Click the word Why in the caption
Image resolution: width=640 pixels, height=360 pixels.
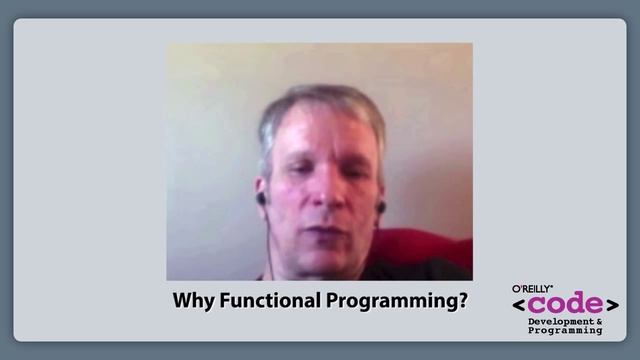(190, 300)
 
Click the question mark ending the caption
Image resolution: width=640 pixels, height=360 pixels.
(464, 300)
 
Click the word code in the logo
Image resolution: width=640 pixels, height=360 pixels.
(566, 305)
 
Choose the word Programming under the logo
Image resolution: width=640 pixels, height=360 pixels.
(566, 331)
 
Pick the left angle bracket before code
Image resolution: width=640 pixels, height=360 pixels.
(520, 305)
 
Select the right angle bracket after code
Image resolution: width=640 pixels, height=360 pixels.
(612, 305)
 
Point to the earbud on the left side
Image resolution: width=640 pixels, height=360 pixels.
(261, 198)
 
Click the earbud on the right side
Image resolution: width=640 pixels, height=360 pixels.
(380, 206)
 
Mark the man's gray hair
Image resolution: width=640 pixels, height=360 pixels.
(320, 105)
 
